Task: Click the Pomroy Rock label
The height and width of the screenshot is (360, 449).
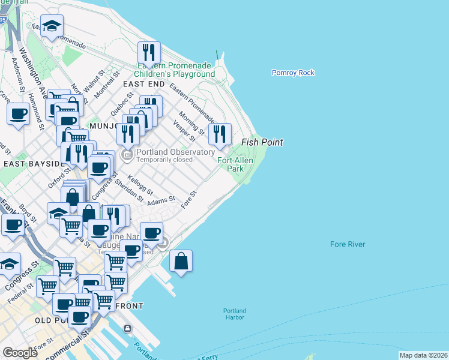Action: coord(293,73)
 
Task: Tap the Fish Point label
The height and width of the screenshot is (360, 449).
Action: coord(262,143)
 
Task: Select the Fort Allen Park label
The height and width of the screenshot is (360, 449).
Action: coord(235,164)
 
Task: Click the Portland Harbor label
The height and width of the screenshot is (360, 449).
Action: coord(234,314)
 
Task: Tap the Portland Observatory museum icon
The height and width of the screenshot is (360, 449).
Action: coord(127,156)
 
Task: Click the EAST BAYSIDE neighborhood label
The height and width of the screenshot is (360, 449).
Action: coord(32,164)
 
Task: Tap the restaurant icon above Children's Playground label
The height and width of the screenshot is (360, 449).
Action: coord(148,53)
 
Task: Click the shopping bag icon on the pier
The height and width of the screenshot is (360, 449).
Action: coord(181,262)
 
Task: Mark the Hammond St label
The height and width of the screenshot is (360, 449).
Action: coord(35,110)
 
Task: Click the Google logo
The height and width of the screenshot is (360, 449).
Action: coord(20,353)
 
